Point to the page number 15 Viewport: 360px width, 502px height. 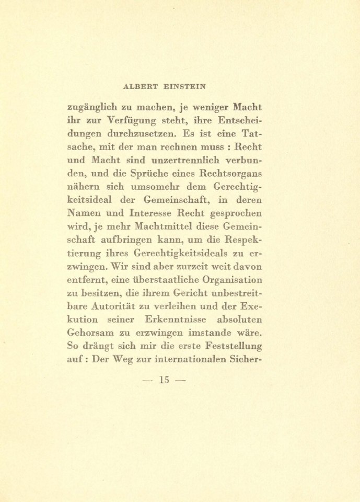coord(165,380)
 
